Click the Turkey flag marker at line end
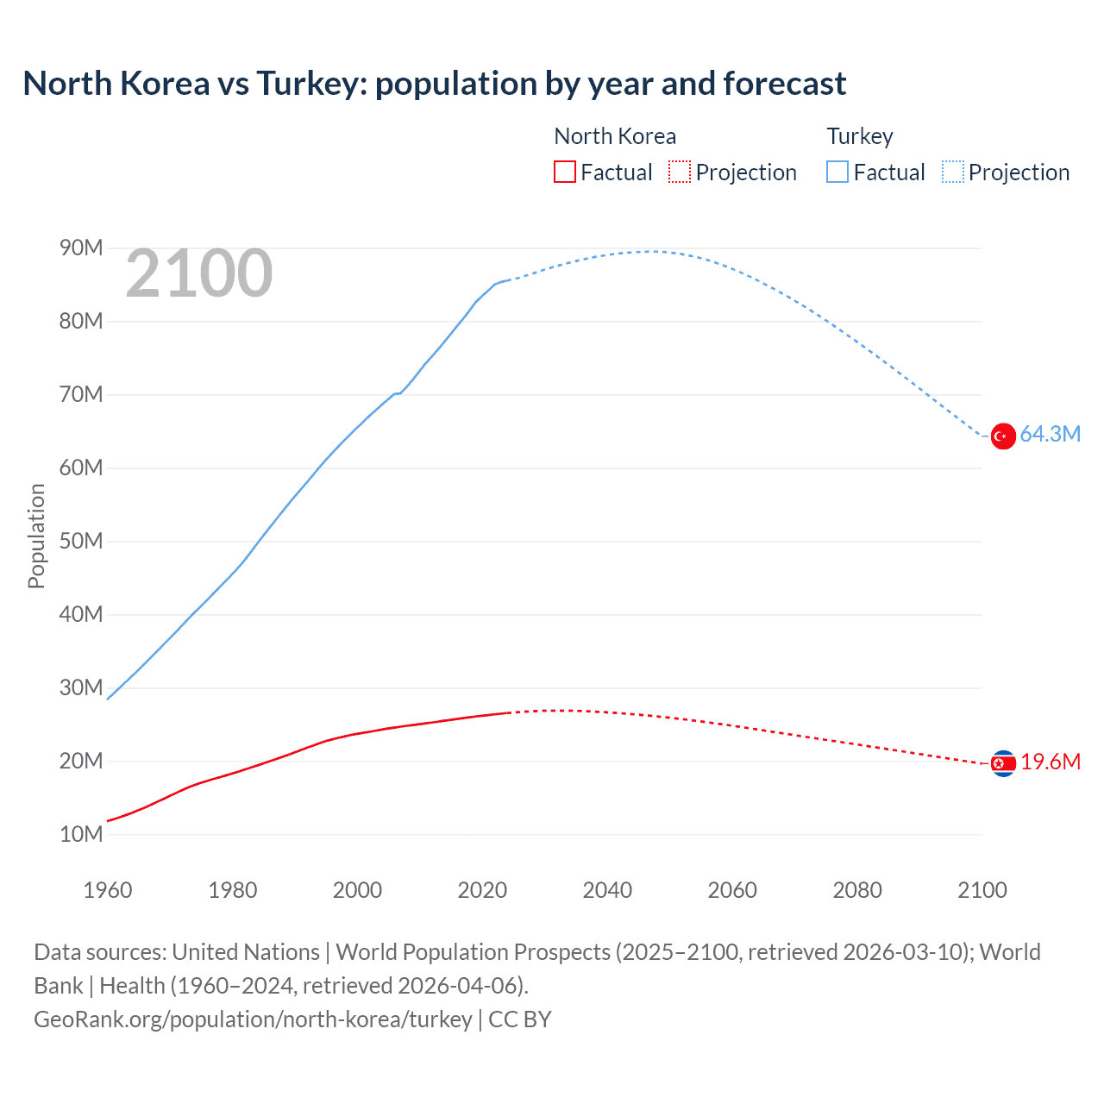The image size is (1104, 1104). tap(1002, 436)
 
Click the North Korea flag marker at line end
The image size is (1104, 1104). tap(1002, 763)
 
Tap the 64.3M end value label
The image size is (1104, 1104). tap(1050, 434)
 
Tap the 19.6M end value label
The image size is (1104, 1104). tap(1050, 762)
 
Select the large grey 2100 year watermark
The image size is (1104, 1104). tap(199, 273)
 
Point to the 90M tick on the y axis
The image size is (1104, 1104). tap(81, 248)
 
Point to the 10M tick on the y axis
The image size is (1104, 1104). tap(81, 834)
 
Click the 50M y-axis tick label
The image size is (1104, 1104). tap(81, 541)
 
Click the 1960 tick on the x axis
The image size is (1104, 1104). tap(108, 890)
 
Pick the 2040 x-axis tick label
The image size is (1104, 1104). tap(607, 890)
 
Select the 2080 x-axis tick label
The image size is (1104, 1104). tap(857, 890)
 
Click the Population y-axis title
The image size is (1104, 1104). tap(36, 536)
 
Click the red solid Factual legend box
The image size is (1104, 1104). tap(564, 172)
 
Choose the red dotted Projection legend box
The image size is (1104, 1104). tap(680, 172)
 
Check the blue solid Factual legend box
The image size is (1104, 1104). tap(837, 172)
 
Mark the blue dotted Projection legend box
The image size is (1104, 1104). tap(953, 172)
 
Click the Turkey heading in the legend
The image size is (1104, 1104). tap(860, 136)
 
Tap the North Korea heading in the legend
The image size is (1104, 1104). tap(615, 136)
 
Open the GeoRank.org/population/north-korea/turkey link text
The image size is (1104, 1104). tap(253, 1019)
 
